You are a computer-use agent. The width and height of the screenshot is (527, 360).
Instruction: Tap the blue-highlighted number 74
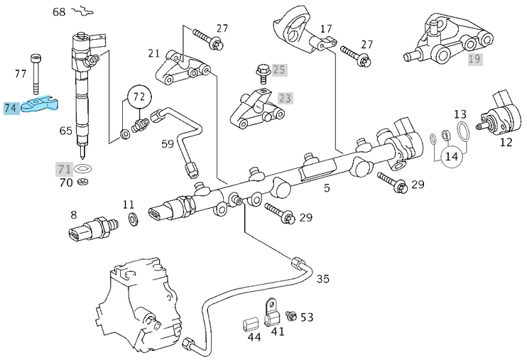pos(11,109)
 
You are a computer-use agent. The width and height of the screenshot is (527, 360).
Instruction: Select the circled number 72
pos(139,96)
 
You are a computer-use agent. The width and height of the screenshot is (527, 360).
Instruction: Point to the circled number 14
pos(451,156)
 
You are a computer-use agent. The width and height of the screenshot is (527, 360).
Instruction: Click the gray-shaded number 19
pos(474,59)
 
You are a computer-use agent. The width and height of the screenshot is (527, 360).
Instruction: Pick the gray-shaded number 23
pos(285,98)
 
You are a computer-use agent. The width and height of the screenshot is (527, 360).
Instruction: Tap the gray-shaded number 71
pos(65,169)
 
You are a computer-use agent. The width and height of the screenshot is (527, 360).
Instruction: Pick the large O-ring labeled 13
pos(462,131)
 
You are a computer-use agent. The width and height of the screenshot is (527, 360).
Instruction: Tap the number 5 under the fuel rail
pos(327,189)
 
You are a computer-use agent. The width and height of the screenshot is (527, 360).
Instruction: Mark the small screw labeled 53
pos(290,315)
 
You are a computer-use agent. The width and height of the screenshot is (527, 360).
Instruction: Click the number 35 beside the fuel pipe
pos(322,278)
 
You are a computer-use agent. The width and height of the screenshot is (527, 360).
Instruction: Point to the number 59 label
pos(167,144)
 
